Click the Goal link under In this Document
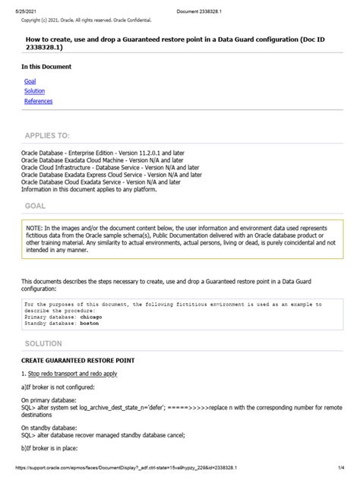click(x=30, y=81)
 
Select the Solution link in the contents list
click(x=34, y=90)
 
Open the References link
click(x=38, y=100)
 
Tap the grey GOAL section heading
click(x=35, y=206)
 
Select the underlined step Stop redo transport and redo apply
click(x=77, y=374)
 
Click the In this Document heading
click(x=46, y=67)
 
